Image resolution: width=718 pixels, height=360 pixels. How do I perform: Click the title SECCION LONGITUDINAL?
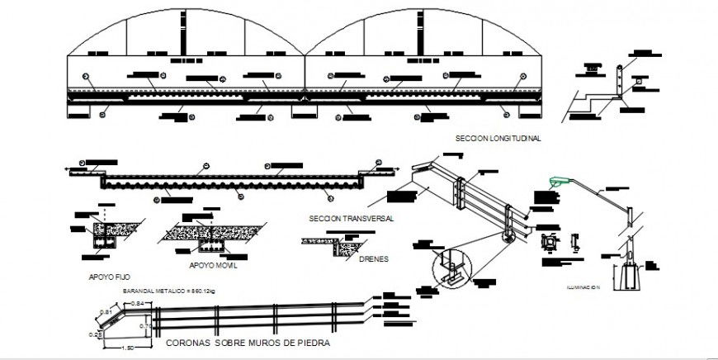498,139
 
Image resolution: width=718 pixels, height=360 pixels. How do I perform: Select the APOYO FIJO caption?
106,277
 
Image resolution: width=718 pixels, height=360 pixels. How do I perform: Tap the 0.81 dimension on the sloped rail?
106,310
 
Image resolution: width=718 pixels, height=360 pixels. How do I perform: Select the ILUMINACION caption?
583,288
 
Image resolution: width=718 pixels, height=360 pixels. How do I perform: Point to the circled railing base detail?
451,269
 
